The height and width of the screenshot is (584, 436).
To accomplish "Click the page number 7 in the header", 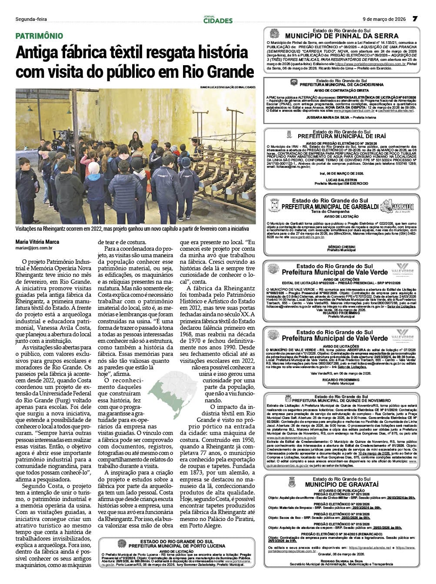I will [415, 19].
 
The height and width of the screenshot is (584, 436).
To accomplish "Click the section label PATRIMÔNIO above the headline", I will [39, 36].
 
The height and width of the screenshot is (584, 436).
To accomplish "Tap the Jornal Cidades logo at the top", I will [218, 19].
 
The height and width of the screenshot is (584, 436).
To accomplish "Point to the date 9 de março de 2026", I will [384, 19].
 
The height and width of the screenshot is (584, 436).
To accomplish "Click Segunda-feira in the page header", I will [31, 19].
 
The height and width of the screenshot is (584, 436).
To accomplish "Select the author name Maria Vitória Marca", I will [37, 242].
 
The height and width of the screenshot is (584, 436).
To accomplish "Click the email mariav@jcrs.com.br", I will [34, 249].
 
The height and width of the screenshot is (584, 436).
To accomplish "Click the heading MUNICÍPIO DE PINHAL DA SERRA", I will [342, 36].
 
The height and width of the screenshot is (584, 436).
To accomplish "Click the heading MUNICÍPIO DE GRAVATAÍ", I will [342, 484].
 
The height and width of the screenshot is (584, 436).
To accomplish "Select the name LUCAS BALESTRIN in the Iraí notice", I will [341, 180].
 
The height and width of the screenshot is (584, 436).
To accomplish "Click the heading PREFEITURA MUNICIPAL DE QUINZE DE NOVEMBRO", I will [342, 400].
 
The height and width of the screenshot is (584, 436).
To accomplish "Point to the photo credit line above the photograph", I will [228, 87].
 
